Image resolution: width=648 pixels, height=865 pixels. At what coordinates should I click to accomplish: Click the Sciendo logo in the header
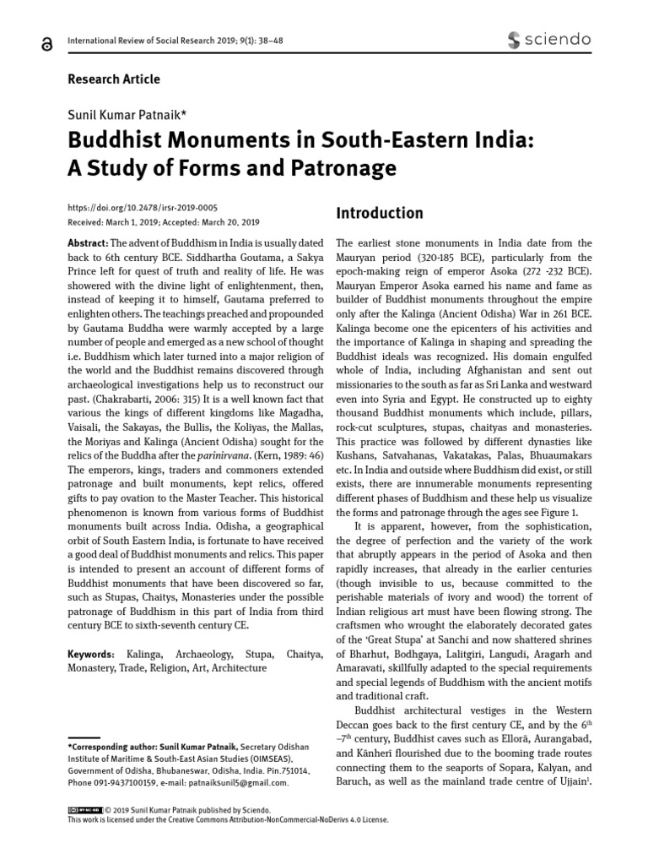548,39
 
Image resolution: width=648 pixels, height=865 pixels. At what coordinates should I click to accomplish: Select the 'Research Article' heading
113,79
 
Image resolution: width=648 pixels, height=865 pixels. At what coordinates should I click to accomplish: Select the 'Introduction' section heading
379,213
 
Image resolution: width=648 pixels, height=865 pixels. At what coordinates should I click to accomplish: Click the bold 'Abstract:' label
89,242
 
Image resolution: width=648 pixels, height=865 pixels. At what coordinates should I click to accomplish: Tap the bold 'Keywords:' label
91,654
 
